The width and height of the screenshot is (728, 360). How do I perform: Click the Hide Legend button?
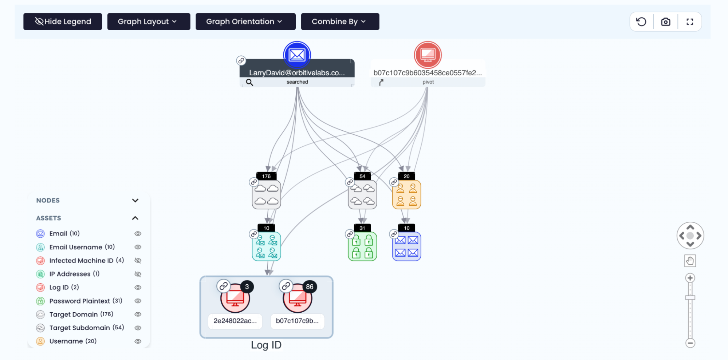pos(63,21)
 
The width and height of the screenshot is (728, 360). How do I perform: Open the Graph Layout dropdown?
pos(148,21)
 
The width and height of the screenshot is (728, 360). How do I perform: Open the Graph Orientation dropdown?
pos(245,21)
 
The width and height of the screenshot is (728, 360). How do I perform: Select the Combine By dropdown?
pos(339,21)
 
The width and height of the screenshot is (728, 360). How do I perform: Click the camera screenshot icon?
pos(665,22)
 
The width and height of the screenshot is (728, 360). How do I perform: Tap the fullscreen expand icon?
pos(689,22)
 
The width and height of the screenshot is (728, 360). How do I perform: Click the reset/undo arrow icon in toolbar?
pos(641,22)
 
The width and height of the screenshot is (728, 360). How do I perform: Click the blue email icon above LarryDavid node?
pos(297,55)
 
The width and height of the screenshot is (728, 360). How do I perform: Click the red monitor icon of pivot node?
pos(428,55)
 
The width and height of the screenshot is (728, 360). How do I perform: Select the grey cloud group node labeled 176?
pos(266,195)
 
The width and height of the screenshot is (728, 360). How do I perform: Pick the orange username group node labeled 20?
pos(406,195)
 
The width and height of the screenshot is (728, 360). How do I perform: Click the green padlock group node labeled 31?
pos(362,247)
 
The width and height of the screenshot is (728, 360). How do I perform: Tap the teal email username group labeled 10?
pos(266,247)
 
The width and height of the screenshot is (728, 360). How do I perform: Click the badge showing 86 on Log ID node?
pos(310,287)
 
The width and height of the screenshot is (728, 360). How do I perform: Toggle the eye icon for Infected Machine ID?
pos(138,261)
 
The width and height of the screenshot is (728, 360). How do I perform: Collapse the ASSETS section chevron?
pos(135,218)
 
